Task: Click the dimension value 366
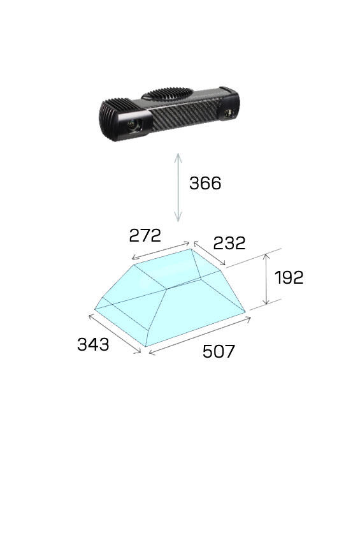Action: (205, 183)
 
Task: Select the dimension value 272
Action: (145, 235)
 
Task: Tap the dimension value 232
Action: (229, 243)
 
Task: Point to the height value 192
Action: (289, 277)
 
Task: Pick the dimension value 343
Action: (93, 344)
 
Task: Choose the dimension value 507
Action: (219, 351)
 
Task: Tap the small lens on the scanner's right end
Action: (229, 113)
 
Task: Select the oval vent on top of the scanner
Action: (167, 94)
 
